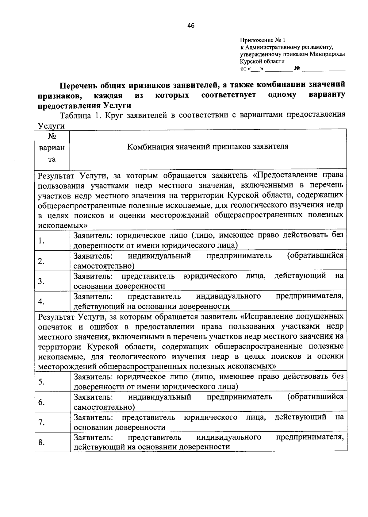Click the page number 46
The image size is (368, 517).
pyautogui.click(x=191, y=25)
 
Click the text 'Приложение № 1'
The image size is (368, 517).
pyautogui.click(x=263, y=40)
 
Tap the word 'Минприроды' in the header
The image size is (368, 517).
pyautogui.click(x=327, y=54)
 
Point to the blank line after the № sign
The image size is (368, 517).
pyautogui.click(x=323, y=69)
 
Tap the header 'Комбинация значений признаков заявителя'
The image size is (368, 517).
pyautogui.click(x=208, y=146)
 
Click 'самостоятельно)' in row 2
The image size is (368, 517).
pyautogui.click(x=104, y=266)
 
